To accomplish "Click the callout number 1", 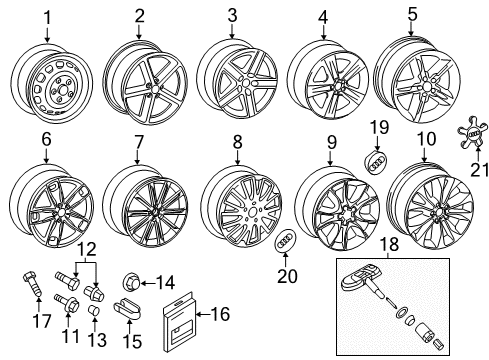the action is [x=47, y=18].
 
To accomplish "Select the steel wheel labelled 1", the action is [x=52, y=83].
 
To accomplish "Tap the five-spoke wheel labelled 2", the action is [x=145, y=83].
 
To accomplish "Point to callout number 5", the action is [x=412, y=14].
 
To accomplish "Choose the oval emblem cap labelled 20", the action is [x=285, y=241].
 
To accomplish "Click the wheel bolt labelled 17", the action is [x=33, y=284].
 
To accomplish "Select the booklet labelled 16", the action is [x=179, y=322].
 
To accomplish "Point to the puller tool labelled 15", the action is [x=128, y=308].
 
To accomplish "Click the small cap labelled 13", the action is [x=94, y=310].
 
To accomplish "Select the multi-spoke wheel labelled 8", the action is [x=243, y=206].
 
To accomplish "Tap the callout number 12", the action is [x=87, y=249].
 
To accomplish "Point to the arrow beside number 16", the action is [x=205, y=314].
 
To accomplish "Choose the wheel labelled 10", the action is [x=432, y=205].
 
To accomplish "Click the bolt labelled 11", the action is [x=68, y=302].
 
